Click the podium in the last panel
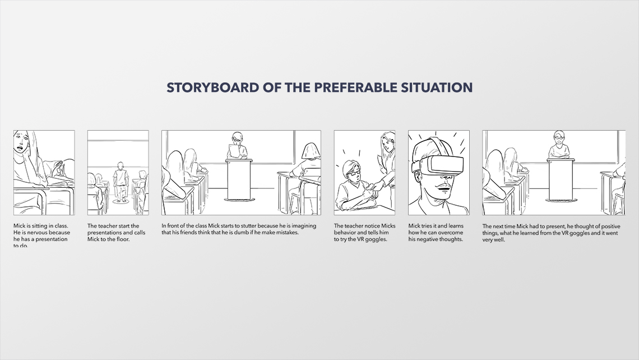point(561,179)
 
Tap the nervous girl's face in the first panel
point(21,142)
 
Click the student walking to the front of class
point(121,182)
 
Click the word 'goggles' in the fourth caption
point(377,239)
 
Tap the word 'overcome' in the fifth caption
point(450,233)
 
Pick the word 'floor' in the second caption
point(121,239)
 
